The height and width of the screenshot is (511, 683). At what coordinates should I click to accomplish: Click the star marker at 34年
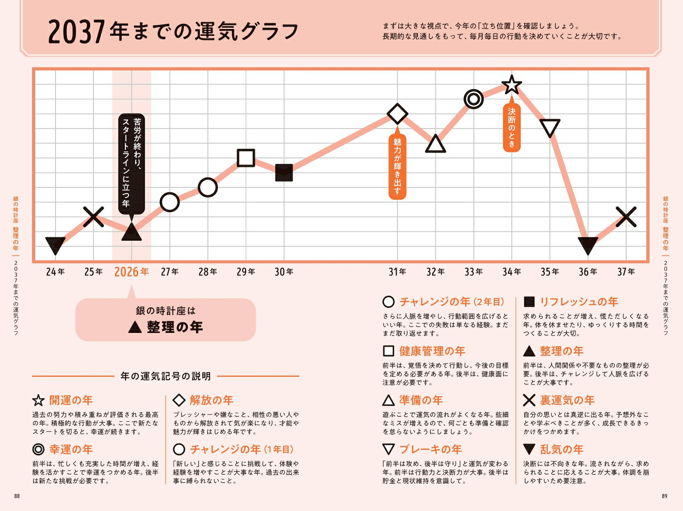tap(511, 85)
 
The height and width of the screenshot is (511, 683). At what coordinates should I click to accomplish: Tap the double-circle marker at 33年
tap(473, 99)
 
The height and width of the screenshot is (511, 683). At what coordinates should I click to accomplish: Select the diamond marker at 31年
tap(397, 114)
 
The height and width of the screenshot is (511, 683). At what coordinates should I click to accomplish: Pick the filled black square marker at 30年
tap(284, 172)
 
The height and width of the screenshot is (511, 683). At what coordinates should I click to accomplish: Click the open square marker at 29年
tap(246, 158)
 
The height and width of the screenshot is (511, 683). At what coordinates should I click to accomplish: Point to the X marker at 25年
tap(93, 217)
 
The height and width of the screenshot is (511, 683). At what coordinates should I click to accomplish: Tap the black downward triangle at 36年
tap(588, 245)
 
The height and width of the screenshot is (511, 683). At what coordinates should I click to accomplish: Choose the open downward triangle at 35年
tap(550, 128)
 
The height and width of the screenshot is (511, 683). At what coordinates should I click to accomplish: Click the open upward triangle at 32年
tap(435, 144)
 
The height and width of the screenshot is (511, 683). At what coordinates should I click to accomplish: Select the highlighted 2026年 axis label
tap(131, 272)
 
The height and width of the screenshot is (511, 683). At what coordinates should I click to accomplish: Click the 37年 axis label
tap(626, 272)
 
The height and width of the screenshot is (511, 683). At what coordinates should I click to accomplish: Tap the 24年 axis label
tap(55, 272)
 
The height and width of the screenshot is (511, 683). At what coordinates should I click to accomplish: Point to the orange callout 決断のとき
tap(511, 127)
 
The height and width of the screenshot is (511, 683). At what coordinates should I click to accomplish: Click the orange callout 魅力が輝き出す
tap(397, 166)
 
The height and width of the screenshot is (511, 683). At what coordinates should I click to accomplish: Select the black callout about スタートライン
tap(131, 164)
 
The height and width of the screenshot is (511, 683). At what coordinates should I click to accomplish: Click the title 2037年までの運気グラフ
tap(173, 32)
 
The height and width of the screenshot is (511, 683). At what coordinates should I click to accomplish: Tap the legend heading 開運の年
tap(71, 400)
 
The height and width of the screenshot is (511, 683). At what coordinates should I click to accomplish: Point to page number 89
tap(664, 496)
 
